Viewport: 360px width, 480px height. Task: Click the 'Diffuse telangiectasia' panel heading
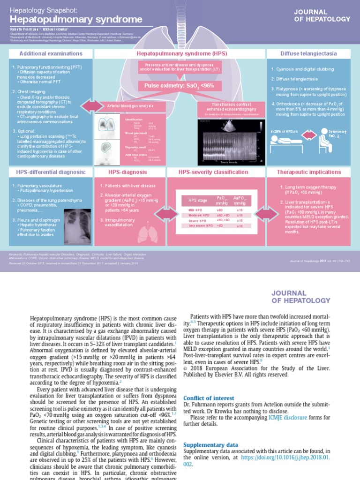308,54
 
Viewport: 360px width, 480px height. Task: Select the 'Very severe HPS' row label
194,226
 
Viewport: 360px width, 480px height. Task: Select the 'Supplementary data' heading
210,444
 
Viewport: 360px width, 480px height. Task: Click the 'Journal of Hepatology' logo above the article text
301,296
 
